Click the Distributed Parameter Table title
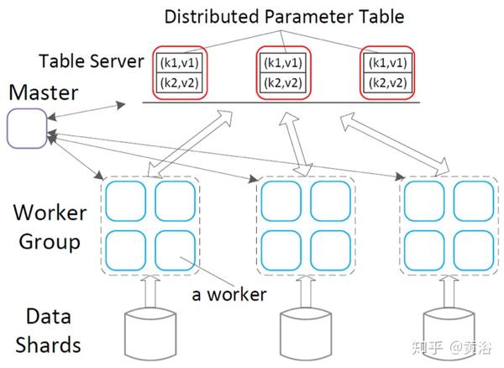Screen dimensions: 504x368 (284, 17)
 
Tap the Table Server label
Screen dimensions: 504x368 (92, 61)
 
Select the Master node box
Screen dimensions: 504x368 (28, 129)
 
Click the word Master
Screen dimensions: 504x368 (44, 93)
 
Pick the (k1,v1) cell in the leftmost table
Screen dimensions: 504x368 (180, 63)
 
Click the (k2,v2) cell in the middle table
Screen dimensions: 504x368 (283, 83)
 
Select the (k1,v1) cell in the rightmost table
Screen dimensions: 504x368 (387, 63)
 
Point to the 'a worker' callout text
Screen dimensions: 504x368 (229, 294)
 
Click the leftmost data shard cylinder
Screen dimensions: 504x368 (150, 334)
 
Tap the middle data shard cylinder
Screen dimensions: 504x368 (306, 334)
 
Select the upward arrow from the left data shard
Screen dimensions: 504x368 (150, 292)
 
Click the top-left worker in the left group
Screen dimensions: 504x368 (126, 201)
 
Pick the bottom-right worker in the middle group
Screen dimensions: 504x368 (330, 250)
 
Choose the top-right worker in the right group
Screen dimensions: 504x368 (474, 201)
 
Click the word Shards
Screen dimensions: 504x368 (48, 345)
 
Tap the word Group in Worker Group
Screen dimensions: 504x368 (50, 242)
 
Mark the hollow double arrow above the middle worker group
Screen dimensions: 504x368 (295, 144)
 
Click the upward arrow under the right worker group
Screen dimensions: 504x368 (449, 292)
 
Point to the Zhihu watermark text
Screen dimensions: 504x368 (452, 347)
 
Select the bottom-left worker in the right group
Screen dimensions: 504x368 (424, 250)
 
